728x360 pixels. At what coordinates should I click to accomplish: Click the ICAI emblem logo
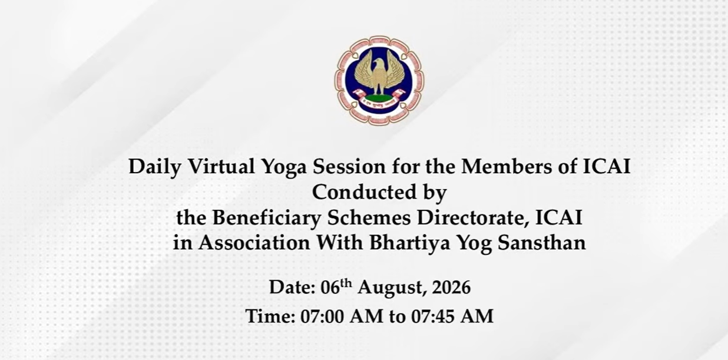click(379, 80)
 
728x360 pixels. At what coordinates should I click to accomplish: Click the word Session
click(349, 167)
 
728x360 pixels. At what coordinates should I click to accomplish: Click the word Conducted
click(364, 192)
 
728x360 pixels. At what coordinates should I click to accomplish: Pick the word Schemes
click(369, 217)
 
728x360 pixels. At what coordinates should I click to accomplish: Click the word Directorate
click(473, 218)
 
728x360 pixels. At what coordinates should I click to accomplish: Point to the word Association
click(254, 243)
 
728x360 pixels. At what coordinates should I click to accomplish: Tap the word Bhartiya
click(410, 243)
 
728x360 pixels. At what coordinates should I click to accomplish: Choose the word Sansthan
click(541, 243)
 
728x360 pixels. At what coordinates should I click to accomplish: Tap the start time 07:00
click(322, 316)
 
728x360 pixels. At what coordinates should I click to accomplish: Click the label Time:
click(270, 316)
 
